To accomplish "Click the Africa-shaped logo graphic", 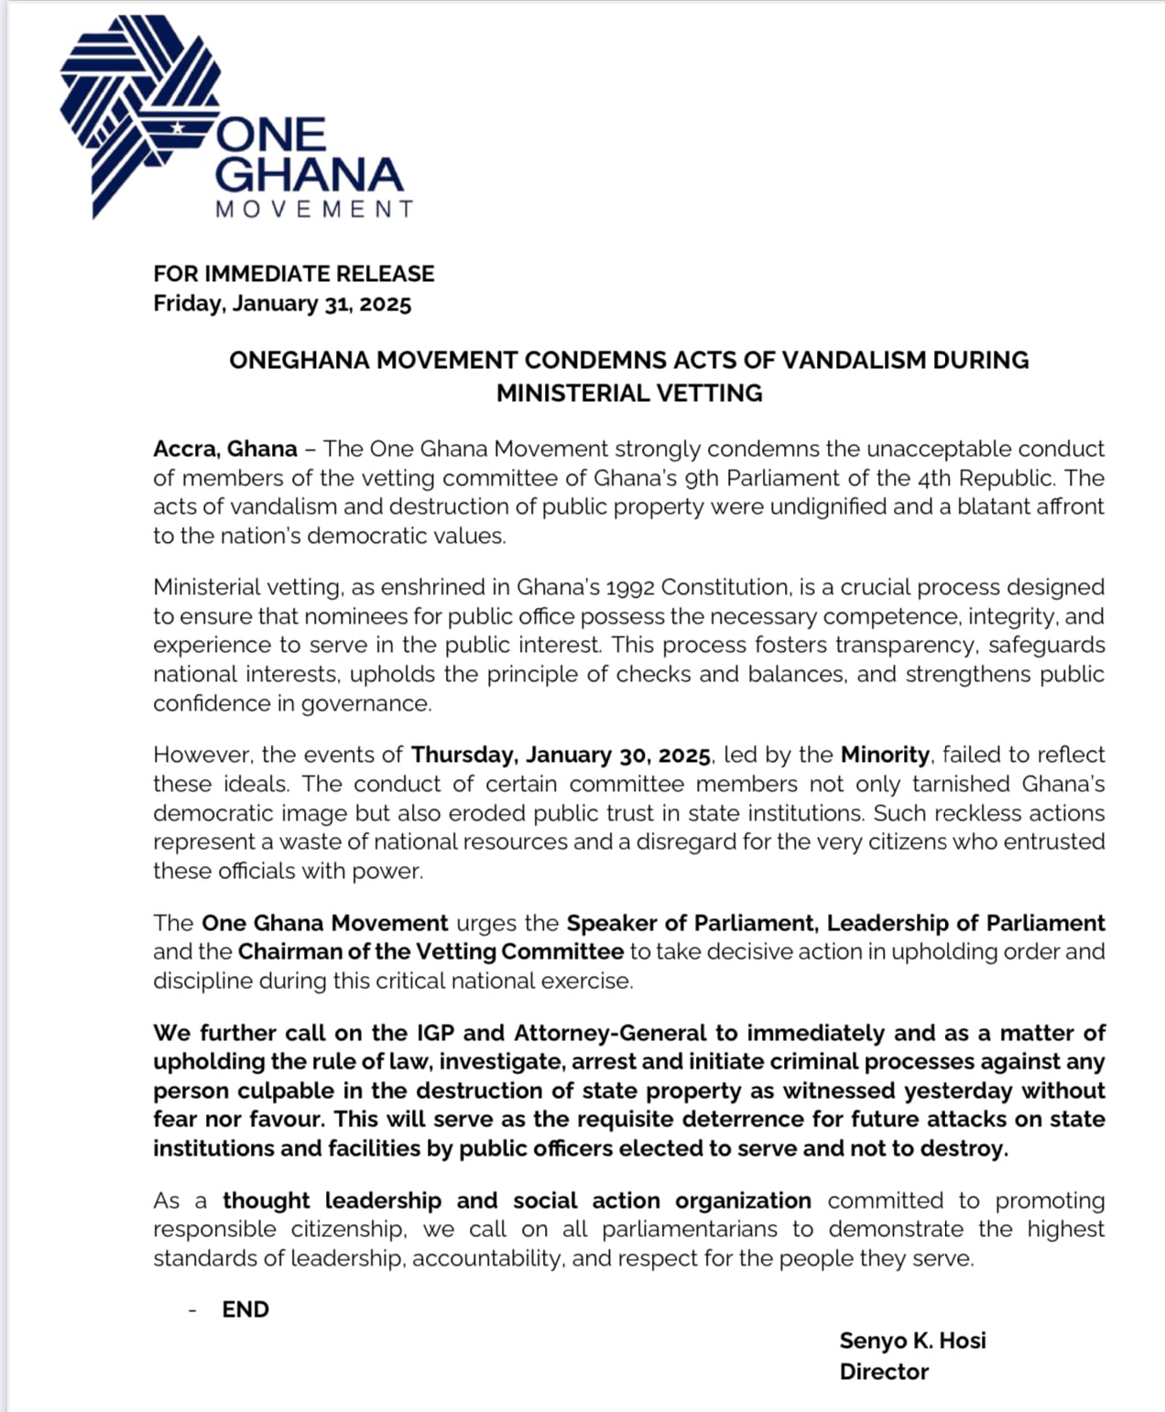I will coord(137,110).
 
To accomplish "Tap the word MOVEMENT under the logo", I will coord(314,209).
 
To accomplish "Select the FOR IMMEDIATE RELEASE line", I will coord(293,274).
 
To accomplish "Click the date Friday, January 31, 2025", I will coord(282,304).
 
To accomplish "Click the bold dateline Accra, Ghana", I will coord(225,449).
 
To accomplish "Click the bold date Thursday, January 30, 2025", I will coord(561,755).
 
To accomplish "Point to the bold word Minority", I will coord(885,755).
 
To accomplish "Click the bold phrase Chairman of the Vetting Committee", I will coord(430,951).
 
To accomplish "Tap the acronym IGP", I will coord(436,1033).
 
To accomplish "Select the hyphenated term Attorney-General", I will coord(610,1033).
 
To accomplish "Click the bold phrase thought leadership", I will coord(332,1200).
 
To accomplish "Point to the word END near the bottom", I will coord(245,1309).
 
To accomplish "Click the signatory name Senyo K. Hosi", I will coord(912,1341).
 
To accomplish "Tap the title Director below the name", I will coord(884,1372).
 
